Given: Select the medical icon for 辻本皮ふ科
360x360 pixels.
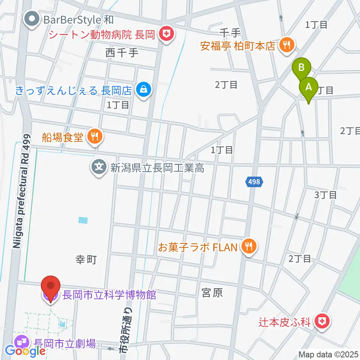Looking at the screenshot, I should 321,321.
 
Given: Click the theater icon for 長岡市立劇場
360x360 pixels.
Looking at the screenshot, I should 20,342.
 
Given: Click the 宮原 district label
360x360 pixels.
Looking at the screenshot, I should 212,292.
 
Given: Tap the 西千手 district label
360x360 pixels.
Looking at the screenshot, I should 122,53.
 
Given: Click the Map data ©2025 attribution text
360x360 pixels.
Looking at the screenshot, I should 328,354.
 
